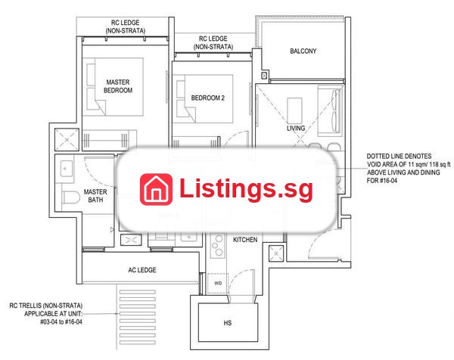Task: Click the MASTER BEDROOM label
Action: [x=118, y=86]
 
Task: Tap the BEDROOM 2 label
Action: [x=207, y=98]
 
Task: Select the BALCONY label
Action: [x=303, y=51]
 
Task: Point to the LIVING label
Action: [x=296, y=129]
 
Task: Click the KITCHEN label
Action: [x=245, y=240]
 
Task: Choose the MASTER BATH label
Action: [x=95, y=196]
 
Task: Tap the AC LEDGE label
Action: [x=142, y=270]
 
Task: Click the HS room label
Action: [x=228, y=323]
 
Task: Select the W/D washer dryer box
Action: [x=218, y=284]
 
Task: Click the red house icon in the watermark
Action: [x=156, y=189]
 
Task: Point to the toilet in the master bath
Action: [x=70, y=197]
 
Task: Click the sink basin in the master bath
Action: [x=67, y=169]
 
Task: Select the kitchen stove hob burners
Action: [x=217, y=246]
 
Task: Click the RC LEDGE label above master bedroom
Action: [x=126, y=26]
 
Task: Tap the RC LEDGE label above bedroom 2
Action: [x=213, y=42]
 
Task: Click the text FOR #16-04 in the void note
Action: [x=382, y=181]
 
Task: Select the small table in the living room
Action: [x=295, y=110]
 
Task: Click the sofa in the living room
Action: [x=329, y=110]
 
